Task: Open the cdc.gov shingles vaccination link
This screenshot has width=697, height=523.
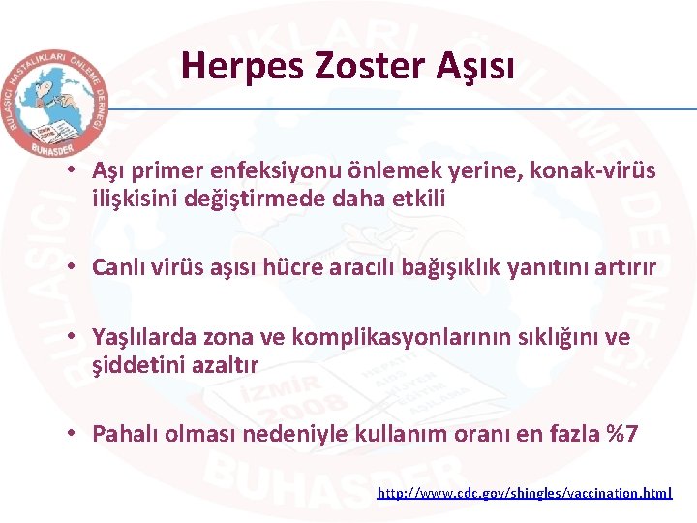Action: click(x=524, y=493)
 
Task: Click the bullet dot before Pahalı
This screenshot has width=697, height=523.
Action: click(x=74, y=434)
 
